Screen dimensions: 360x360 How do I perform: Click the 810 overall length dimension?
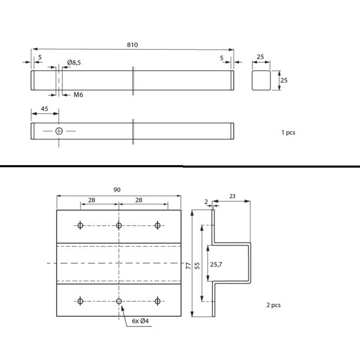pos(133,45)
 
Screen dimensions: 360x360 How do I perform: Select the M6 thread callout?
pos(78,95)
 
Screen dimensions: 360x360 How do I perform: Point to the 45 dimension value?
pos(44,110)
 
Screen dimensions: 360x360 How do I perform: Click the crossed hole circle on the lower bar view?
pos(59,130)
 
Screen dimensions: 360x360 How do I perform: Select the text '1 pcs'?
pos(288,133)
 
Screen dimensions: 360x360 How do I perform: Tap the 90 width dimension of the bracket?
pos(117,189)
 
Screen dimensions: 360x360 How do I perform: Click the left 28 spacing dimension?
pos(92,201)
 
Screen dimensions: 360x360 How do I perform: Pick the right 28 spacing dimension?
pos(139,201)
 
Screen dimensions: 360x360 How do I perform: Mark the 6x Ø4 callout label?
pos(140,320)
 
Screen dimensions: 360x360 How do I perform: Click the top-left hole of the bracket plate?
pos(80,225)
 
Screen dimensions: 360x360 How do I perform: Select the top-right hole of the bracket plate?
pos(158,225)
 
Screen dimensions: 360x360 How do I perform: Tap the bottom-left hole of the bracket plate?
pos(80,301)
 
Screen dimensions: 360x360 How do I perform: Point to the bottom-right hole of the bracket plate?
pos(158,301)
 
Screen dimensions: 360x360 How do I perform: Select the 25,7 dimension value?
pos(217,265)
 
